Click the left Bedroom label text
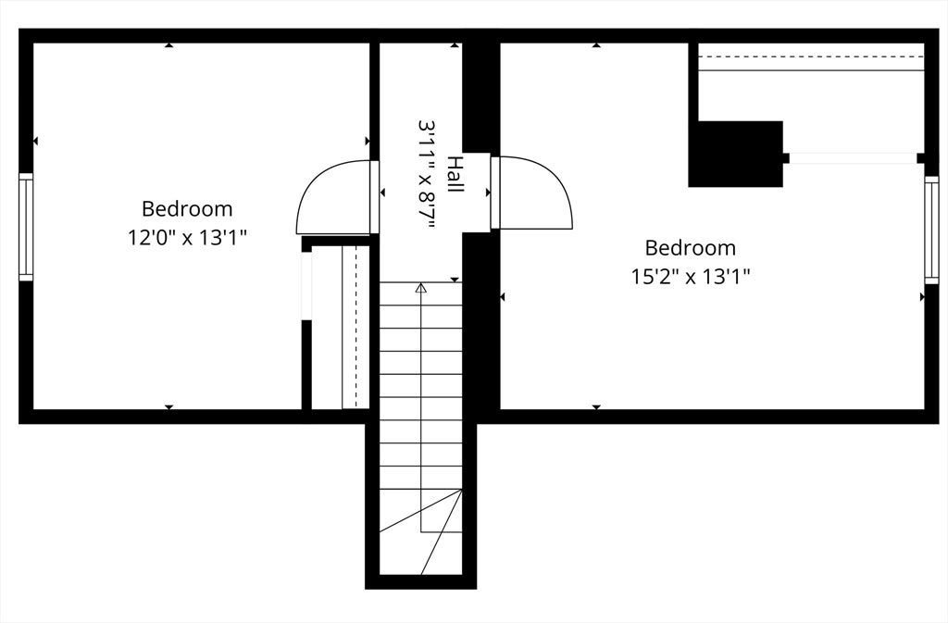click(187, 209)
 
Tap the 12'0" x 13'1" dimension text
click(187, 237)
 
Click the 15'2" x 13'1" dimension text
click(691, 277)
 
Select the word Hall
click(455, 175)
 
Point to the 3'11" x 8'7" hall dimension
click(427, 175)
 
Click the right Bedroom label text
click(691, 248)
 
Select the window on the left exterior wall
click(26, 227)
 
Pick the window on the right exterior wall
click(931, 230)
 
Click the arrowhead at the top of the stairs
click(421, 288)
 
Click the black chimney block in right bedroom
click(736, 154)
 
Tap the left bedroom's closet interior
click(327, 326)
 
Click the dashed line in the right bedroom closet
click(811, 56)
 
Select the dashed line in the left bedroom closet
click(356, 327)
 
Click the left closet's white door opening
click(306, 286)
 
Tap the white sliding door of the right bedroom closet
click(853, 158)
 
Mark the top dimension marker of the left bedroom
click(169, 44)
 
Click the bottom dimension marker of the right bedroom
click(597, 407)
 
